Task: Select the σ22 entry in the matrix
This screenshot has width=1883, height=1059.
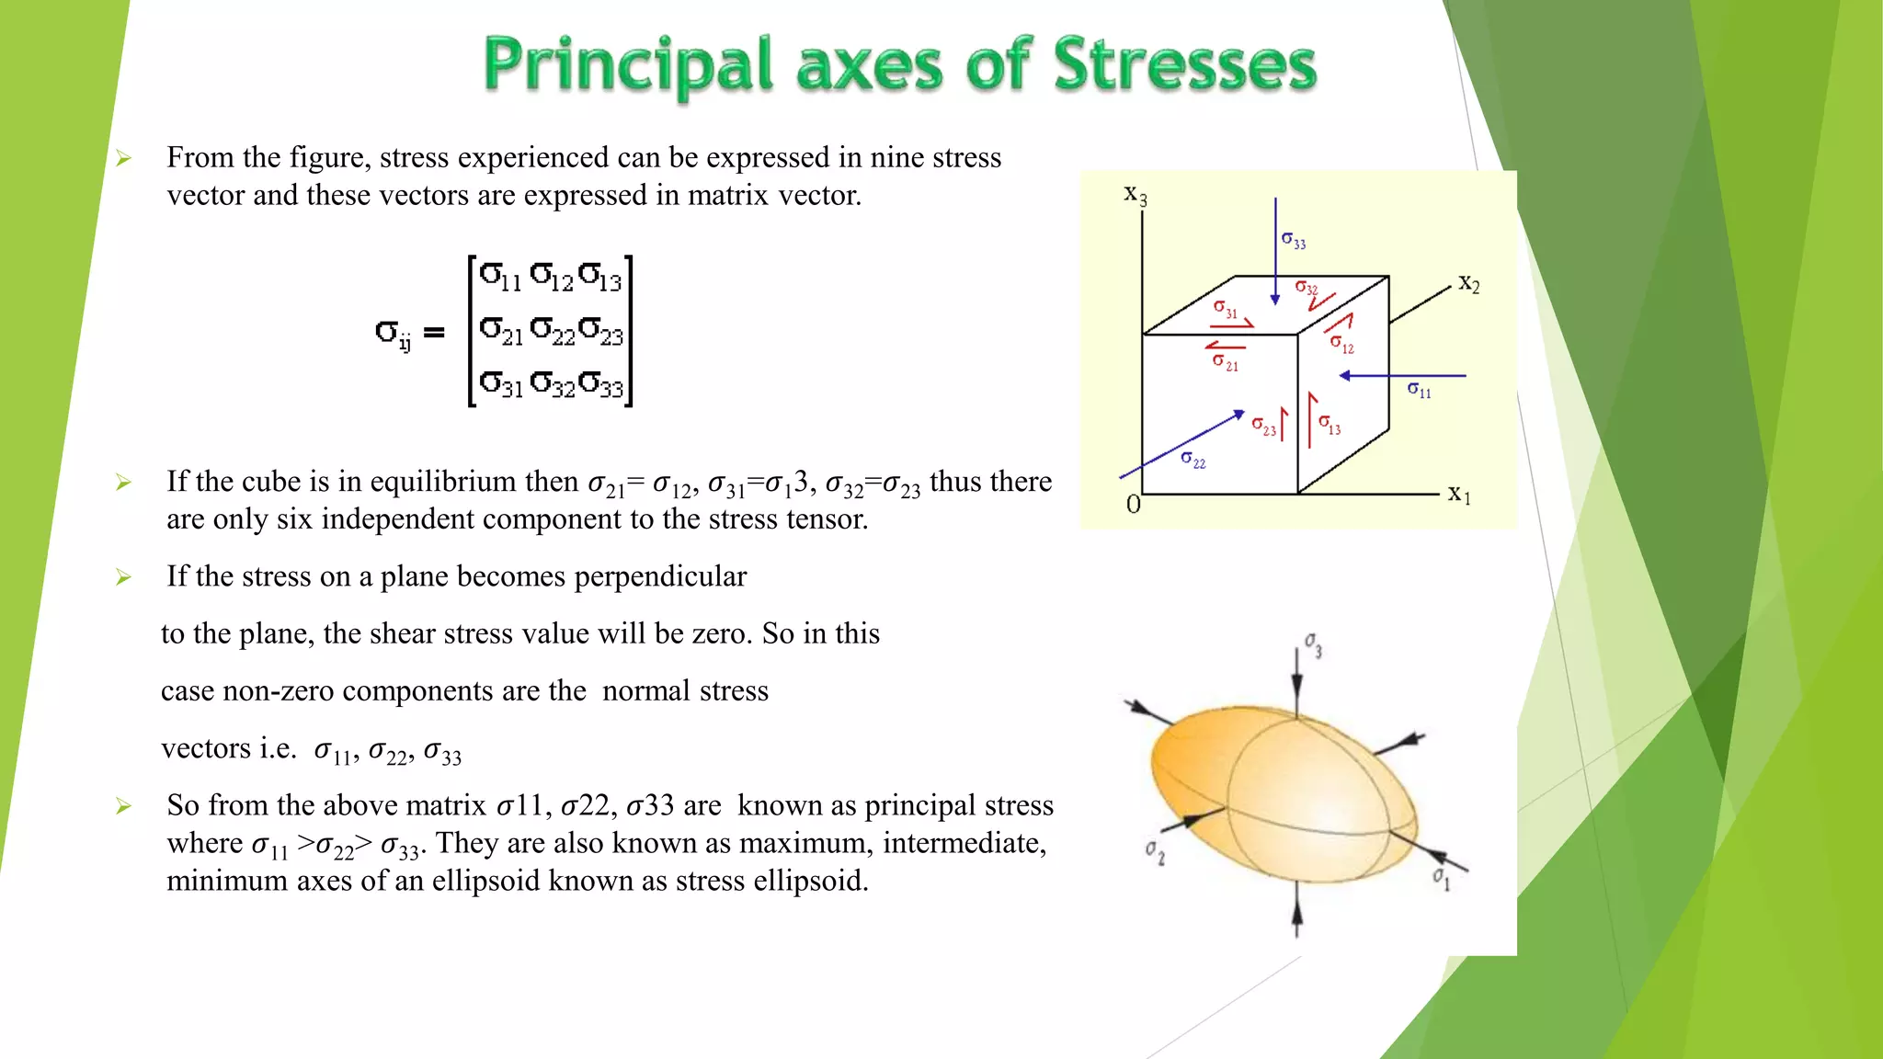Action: click(552, 329)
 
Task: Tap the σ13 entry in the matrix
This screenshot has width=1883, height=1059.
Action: click(600, 276)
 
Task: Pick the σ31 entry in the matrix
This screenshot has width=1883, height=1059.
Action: click(501, 382)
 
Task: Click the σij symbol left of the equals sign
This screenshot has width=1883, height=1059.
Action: click(393, 334)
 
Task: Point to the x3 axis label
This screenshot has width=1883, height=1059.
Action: click(1136, 195)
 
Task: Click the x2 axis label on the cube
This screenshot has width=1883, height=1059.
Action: click(1468, 284)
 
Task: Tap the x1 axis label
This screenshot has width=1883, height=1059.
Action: click(1459, 495)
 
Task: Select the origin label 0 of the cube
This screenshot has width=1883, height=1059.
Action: click(1134, 505)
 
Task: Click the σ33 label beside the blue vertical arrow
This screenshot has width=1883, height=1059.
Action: click(1294, 241)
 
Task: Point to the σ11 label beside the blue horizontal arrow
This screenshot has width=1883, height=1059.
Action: click(1420, 391)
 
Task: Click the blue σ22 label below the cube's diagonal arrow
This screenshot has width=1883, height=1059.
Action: click(1193, 460)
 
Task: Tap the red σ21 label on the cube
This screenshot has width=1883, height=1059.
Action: click(1226, 363)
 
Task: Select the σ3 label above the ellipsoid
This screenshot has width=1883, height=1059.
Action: click(1313, 645)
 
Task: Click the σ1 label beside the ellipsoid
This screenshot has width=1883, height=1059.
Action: click(1441, 879)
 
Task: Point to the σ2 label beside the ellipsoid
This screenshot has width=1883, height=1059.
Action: click(1155, 852)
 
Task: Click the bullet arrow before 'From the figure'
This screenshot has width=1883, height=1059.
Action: click(124, 159)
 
